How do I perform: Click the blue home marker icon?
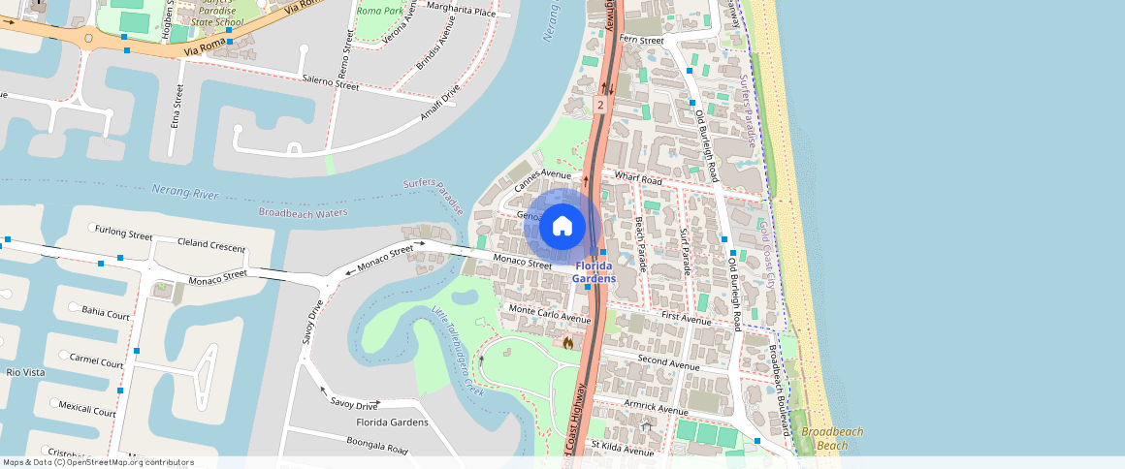[562, 227]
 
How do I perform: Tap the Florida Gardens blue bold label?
[594, 272]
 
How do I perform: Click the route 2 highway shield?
[601, 104]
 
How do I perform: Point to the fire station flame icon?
[567, 341]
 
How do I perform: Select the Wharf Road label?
[638, 180]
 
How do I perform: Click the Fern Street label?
[641, 41]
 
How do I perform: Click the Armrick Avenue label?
[656, 409]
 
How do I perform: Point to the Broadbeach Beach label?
[832, 439]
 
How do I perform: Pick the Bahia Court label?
[106, 313]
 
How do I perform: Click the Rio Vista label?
[26, 372]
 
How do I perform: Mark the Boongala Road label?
[376, 446]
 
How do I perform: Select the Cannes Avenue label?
[544, 178]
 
